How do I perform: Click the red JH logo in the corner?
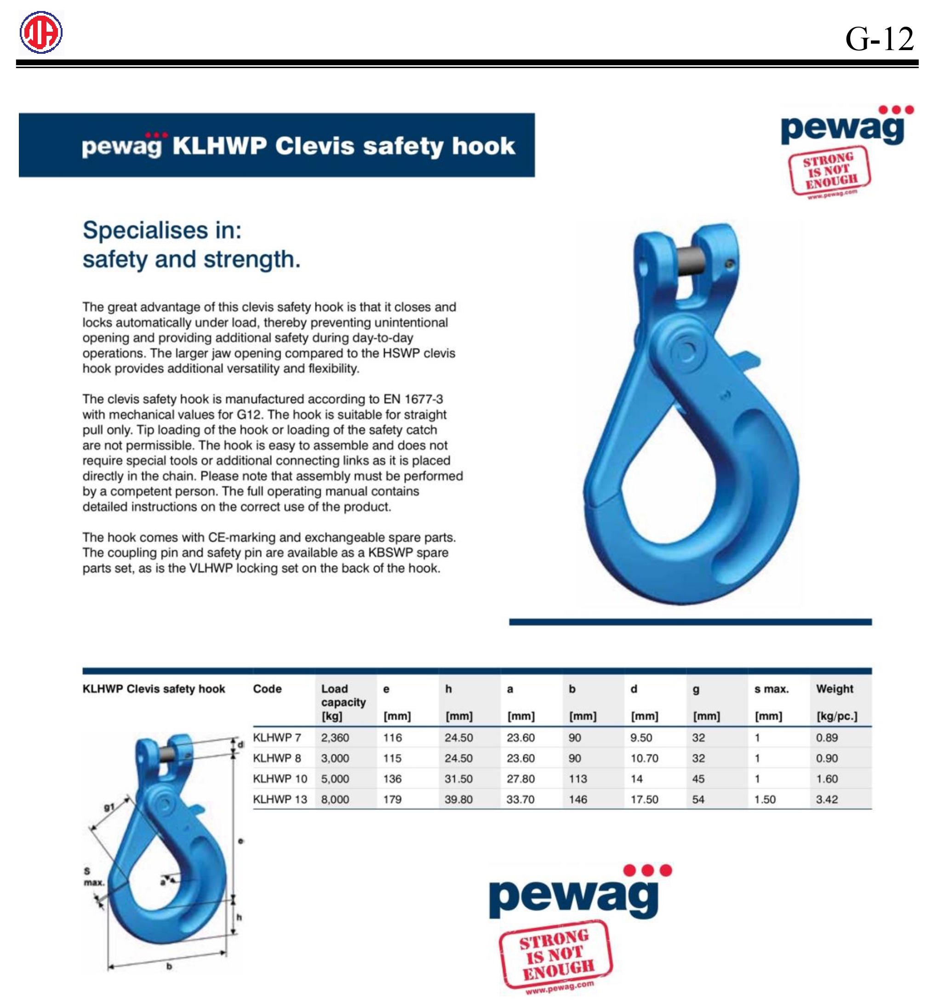pyautogui.click(x=41, y=32)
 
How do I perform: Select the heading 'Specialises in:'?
pyautogui.click(x=162, y=230)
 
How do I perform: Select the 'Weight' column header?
pyautogui.click(x=834, y=689)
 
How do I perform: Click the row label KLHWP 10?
pyautogui.click(x=280, y=779)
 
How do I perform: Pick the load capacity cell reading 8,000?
pyautogui.click(x=335, y=799)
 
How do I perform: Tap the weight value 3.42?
pyautogui.click(x=827, y=799)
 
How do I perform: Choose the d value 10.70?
pyautogui.click(x=644, y=758)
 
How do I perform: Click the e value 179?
pyautogui.click(x=392, y=799)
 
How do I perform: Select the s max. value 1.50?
pyautogui.click(x=765, y=799)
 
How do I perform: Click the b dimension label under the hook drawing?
pyautogui.click(x=169, y=966)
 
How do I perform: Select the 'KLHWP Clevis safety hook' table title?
pyautogui.click(x=154, y=689)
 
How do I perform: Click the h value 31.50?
pyautogui.click(x=458, y=779)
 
